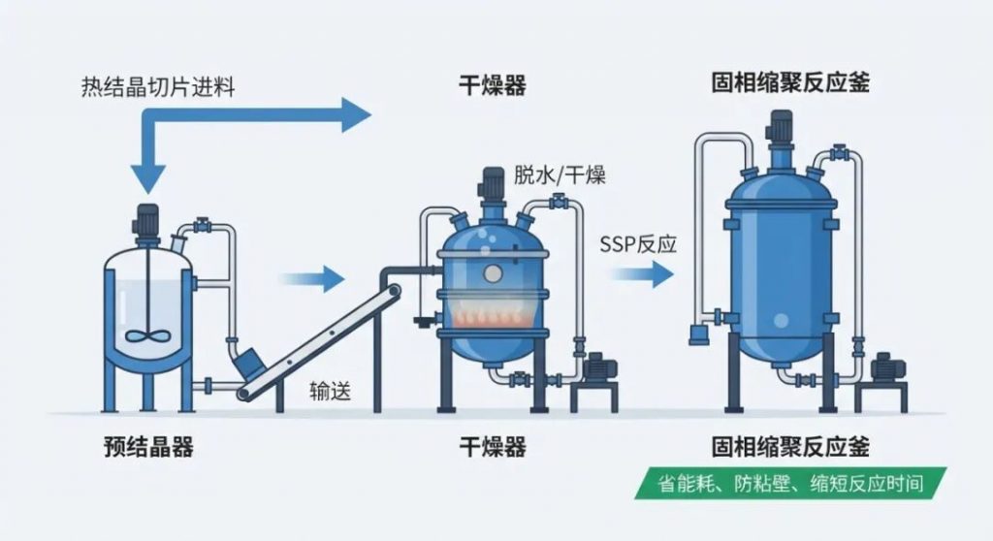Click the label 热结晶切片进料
158,87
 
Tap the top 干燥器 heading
492,85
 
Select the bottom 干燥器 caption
492,447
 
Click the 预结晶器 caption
148,447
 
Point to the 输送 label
330,391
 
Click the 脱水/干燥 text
560,175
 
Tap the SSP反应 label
638,244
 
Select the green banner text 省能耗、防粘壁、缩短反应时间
790,484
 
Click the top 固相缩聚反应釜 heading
790,83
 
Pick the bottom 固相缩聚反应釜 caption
790,447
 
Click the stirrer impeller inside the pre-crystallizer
147,334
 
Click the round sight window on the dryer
493,273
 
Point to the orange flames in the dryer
492,313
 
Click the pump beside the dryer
597,368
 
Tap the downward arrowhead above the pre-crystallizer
148,178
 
